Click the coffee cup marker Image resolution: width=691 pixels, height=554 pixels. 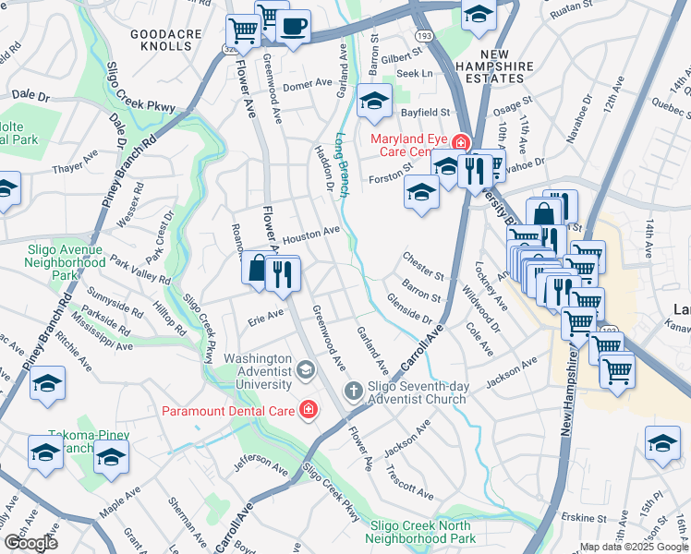(x=295, y=27)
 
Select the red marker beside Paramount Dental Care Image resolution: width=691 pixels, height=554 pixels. (x=305, y=409)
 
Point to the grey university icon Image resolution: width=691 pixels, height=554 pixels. (x=305, y=371)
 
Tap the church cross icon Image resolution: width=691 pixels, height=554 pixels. (x=352, y=391)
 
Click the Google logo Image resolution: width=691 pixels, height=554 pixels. (x=30, y=543)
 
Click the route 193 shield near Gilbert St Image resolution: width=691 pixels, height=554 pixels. (x=422, y=35)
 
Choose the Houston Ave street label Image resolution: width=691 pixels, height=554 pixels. (x=311, y=234)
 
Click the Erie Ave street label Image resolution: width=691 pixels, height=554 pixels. (x=266, y=316)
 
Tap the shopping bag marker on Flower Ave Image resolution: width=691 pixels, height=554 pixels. (x=257, y=270)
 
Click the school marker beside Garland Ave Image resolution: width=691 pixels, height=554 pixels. (x=374, y=102)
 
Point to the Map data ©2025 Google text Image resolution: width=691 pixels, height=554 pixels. (x=633, y=546)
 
